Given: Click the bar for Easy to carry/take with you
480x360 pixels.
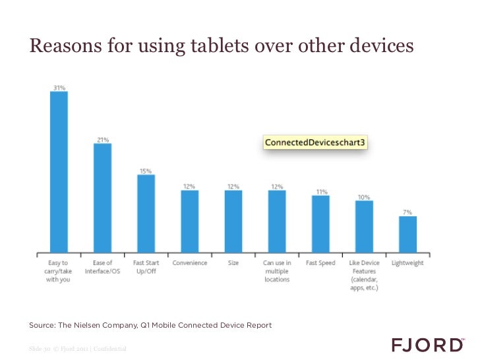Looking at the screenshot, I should point(59,171).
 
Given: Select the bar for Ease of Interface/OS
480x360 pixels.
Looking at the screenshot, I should point(102,198).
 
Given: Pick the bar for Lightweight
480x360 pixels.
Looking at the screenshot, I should point(408,233).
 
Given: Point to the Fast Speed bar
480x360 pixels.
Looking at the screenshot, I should point(320,223).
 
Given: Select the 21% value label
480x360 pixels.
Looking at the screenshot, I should point(102,139).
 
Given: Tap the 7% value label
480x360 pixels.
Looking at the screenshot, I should point(408,212).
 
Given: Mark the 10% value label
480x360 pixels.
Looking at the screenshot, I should point(364,196).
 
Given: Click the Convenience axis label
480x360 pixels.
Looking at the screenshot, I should point(190,263).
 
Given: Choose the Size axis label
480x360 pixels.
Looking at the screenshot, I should point(233,263).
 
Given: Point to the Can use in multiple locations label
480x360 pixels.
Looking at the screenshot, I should point(277,271).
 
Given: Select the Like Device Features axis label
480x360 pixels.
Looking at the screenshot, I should point(364,275).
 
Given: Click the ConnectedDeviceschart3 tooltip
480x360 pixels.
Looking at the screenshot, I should point(315,142).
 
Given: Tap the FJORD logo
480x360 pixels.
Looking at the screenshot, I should point(427,345).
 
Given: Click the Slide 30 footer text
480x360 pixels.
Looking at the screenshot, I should point(40,348).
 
